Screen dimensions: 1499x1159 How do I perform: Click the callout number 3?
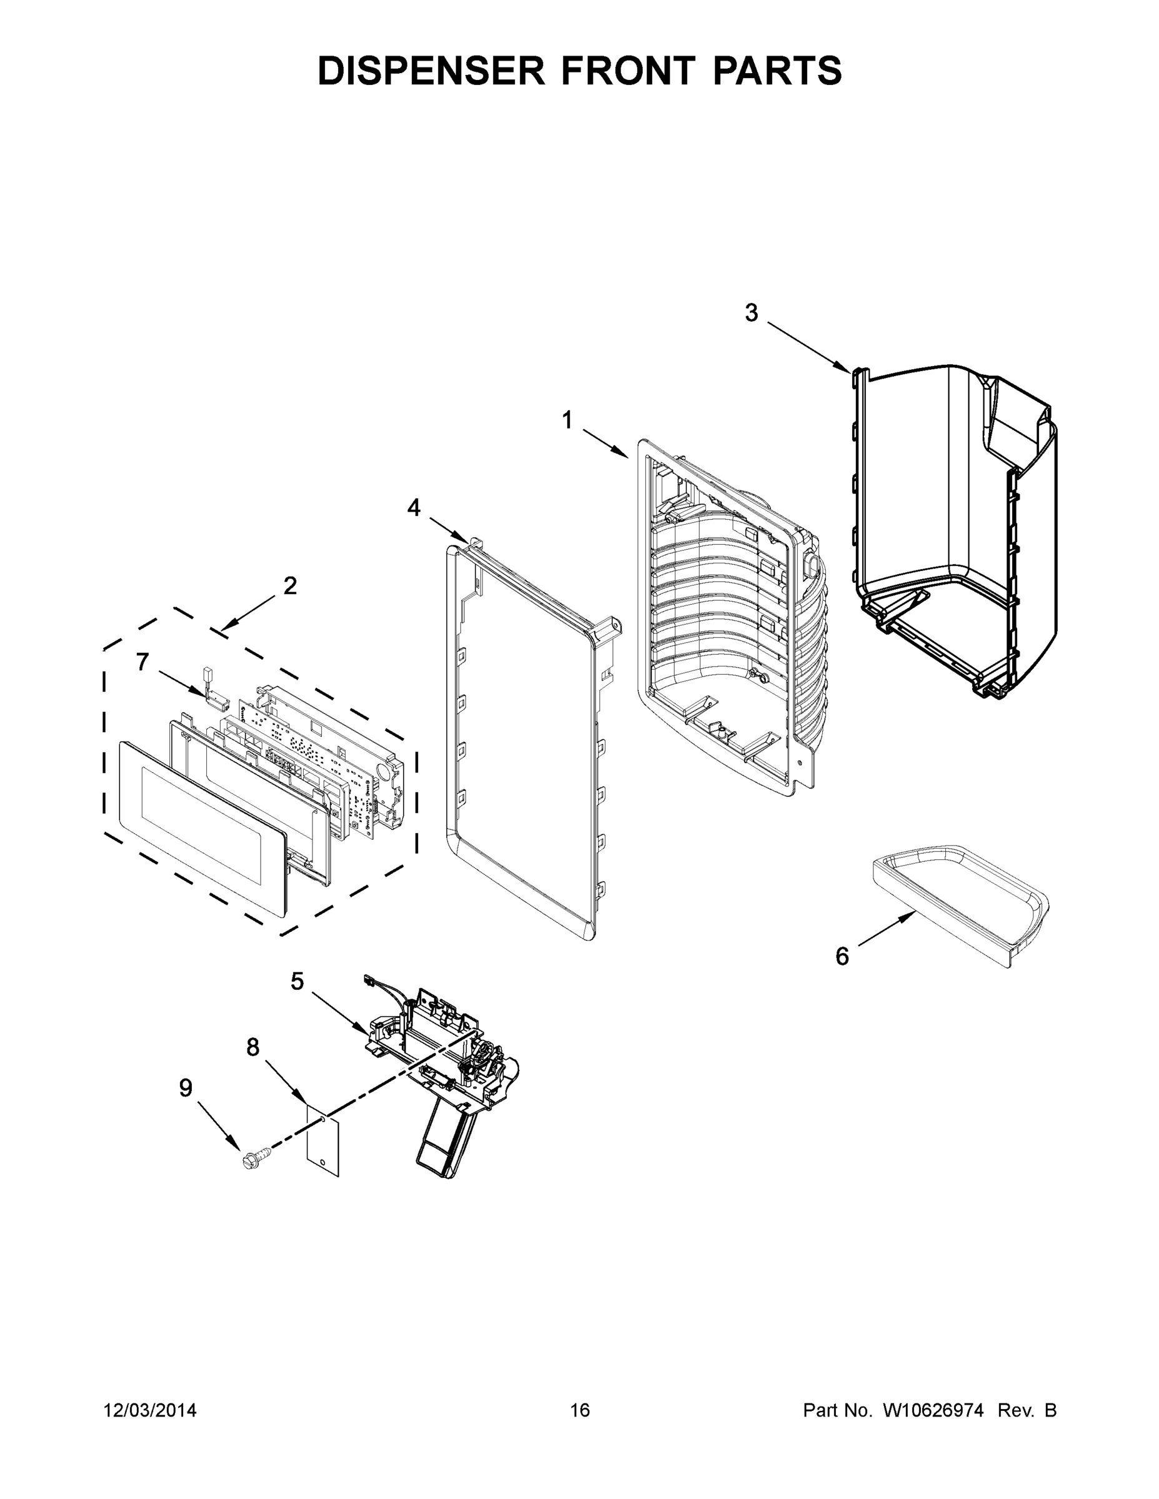click(751, 313)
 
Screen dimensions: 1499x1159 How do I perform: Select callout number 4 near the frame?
click(414, 507)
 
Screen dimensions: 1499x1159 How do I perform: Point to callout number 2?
click(290, 585)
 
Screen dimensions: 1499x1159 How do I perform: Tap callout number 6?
click(842, 956)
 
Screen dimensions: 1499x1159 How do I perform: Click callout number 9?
click(186, 1088)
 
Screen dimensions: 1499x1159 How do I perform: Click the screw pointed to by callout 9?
click(255, 1160)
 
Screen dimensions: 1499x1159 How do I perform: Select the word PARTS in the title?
click(777, 71)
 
